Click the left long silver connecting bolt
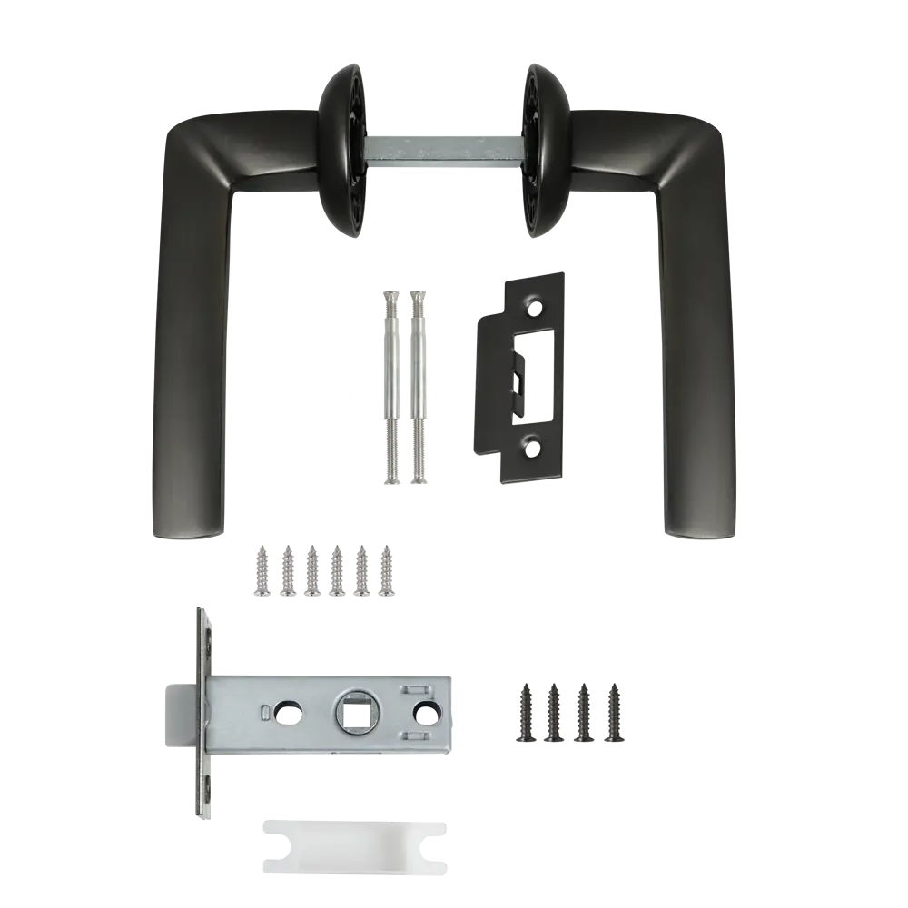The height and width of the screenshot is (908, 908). pyautogui.click(x=390, y=386)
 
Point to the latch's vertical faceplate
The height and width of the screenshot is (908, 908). pyautogui.click(x=204, y=713)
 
